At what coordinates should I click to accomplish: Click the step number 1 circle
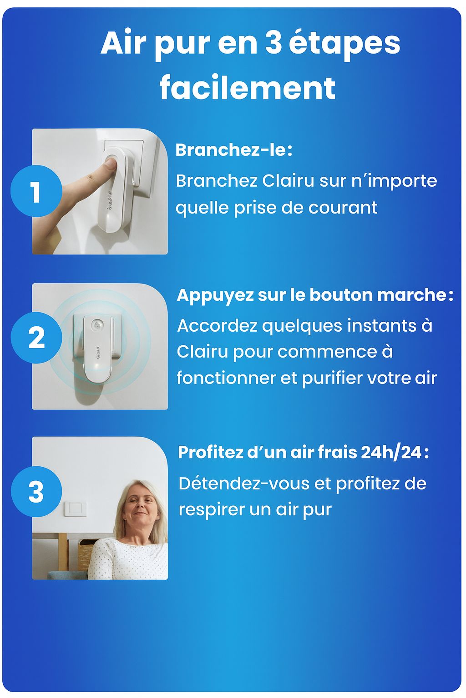(x=36, y=191)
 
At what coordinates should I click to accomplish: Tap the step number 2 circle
(x=36, y=337)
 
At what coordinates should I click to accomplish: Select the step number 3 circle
(x=36, y=491)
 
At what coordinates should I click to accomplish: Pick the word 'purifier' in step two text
(x=332, y=378)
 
